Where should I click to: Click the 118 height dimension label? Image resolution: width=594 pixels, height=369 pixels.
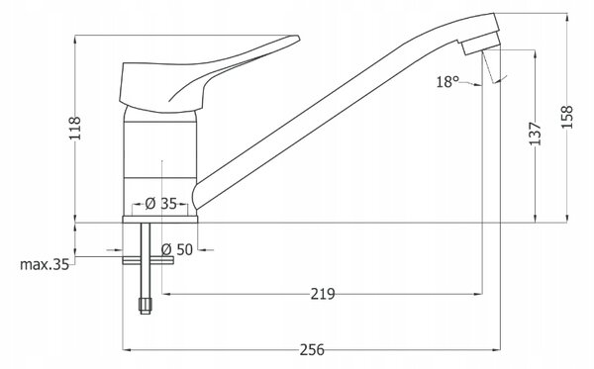point(75,129)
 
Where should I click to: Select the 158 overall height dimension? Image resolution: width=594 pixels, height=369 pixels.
point(567,118)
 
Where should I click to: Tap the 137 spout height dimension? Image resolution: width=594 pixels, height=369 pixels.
point(536,134)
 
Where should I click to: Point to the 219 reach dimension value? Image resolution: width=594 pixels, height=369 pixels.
point(323,294)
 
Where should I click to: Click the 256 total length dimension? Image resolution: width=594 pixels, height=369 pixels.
point(312,350)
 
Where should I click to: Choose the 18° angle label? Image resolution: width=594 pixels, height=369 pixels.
point(447,82)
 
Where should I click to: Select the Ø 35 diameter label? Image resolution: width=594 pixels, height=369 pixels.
point(161,204)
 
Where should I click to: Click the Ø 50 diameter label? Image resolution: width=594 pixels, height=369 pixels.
point(177,249)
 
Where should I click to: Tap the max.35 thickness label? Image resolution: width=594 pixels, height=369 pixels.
point(45,264)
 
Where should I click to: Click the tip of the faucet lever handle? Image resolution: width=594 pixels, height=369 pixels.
point(299,38)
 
